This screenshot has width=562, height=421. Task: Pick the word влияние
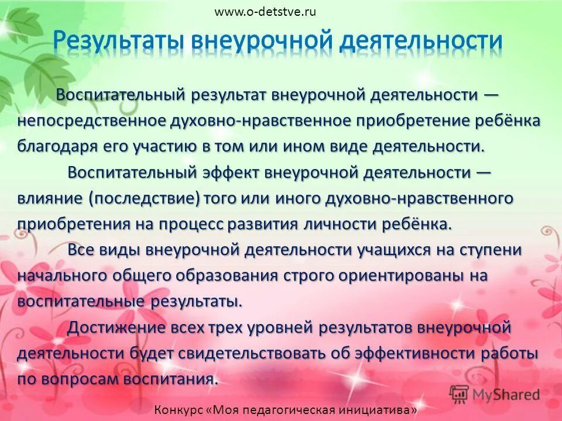tap(50, 199)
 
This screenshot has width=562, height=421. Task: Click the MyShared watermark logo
tap(495, 394)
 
